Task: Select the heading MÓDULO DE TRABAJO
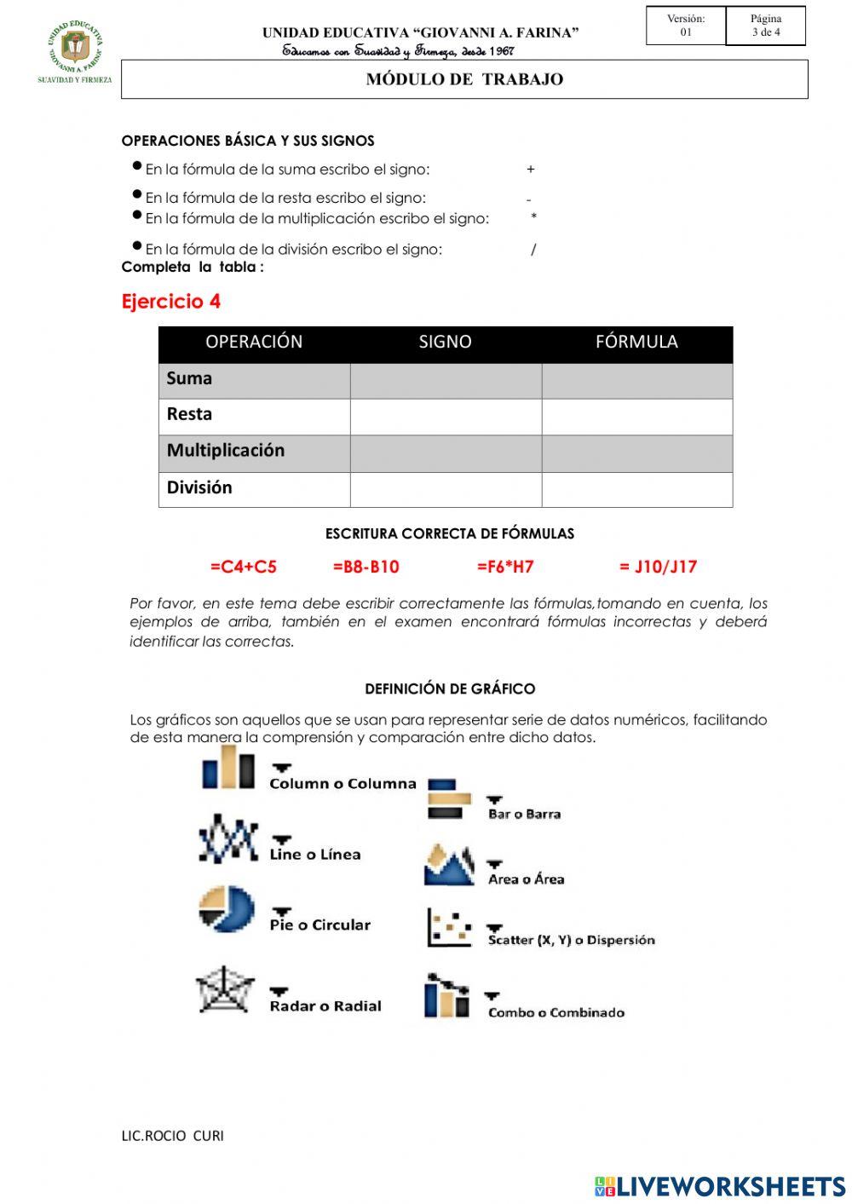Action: (464, 79)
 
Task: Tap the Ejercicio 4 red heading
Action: (171, 302)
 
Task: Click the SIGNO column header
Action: (445, 343)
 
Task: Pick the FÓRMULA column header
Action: (636, 343)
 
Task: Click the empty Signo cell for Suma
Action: (446, 381)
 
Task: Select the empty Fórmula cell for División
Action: (636, 490)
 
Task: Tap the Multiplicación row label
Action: (226, 451)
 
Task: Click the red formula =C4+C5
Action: (244, 567)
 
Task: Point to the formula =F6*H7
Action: (505, 567)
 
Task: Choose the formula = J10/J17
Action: (658, 567)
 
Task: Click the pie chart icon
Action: (227, 909)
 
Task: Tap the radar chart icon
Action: (226, 989)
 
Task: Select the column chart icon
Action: (228, 768)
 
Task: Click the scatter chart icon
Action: (449, 928)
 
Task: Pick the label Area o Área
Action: (526, 879)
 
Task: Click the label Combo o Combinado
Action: (556, 1012)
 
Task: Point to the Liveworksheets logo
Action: (719, 1186)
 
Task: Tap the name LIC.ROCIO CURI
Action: (173, 1136)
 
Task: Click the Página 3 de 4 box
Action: (765, 26)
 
